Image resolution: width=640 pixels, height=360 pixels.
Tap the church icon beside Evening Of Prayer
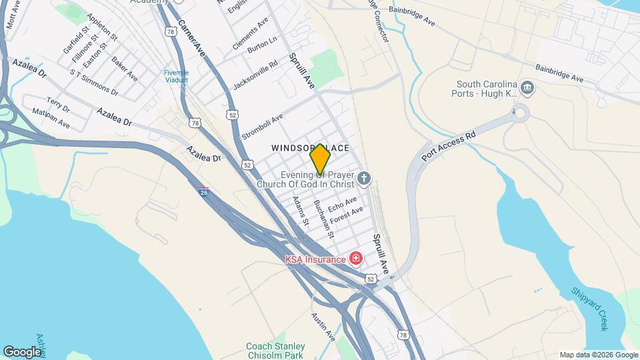click(363, 178)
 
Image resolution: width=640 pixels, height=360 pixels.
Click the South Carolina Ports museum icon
click(527, 87)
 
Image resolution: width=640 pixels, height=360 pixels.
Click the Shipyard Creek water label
click(590, 308)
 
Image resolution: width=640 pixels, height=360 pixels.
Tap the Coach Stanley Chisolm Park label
click(275, 351)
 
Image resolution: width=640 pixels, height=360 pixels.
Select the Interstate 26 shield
click(203, 191)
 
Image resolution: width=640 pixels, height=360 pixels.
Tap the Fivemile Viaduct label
click(177, 76)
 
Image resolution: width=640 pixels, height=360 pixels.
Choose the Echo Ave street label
click(342, 204)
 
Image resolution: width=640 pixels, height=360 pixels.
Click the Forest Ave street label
click(347, 216)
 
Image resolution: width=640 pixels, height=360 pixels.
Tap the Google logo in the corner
click(22, 351)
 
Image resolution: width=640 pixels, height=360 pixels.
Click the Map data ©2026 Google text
click(598, 355)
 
